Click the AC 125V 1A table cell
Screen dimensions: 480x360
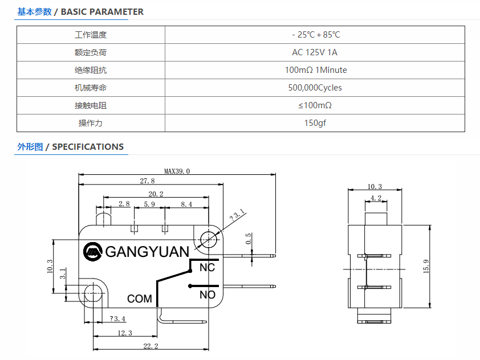tap(315, 52)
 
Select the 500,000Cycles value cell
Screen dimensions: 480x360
tap(315, 88)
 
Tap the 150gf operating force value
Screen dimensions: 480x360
tap(315, 123)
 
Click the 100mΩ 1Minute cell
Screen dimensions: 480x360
tap(316, 70)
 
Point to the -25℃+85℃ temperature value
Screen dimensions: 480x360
tap(316, 35)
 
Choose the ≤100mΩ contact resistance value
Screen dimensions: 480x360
tap(315, 105)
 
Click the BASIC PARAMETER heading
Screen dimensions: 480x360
tap(102, 11)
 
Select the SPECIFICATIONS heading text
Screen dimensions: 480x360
tap(88, 147)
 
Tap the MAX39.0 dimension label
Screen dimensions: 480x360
tap(177, 171)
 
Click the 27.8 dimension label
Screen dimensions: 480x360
tap(147, 181)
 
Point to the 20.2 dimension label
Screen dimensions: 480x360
tap(156, 194)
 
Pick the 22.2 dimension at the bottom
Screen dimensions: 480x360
tap(150, 346)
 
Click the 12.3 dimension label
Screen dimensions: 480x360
tap(125, 333)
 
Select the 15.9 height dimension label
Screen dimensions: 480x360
tap(426, 266)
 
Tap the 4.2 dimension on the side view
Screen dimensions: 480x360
tap(376, 198)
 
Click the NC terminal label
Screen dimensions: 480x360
tap(208, 267)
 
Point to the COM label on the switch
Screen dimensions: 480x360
tap(140, 298)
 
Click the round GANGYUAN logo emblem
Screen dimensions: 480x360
tap(92, 252)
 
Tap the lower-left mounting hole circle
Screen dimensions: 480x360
tap(93, 293)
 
